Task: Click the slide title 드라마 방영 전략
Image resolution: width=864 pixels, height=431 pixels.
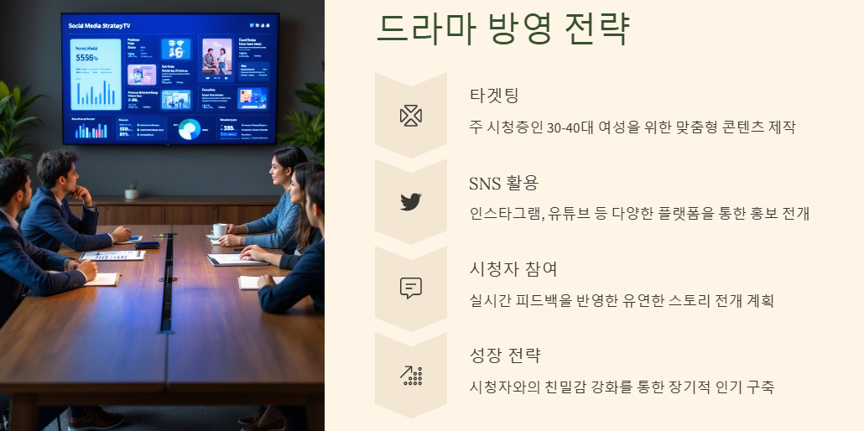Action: [502, 30]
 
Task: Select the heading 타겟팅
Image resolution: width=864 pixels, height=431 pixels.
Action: [495, 95]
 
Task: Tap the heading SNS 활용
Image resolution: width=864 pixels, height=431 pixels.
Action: [503, 183]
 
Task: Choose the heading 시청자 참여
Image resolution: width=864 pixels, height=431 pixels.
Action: [513, 269]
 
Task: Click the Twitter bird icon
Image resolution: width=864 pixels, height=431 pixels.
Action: [410, 201]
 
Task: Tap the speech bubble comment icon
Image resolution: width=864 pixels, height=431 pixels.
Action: [410, 288]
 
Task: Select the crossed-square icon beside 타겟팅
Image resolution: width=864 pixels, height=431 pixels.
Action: [410, 115]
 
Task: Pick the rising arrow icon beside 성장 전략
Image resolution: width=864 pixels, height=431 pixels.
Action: [410, 375]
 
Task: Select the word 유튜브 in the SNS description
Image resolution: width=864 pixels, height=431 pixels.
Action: [570, 214]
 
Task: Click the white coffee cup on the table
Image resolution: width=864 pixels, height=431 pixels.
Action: [219, 230]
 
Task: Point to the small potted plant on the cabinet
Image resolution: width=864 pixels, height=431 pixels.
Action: [131, 191]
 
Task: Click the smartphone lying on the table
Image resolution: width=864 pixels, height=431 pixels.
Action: [148, 245]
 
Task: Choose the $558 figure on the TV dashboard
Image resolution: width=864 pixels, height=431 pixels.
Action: [87, 59]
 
